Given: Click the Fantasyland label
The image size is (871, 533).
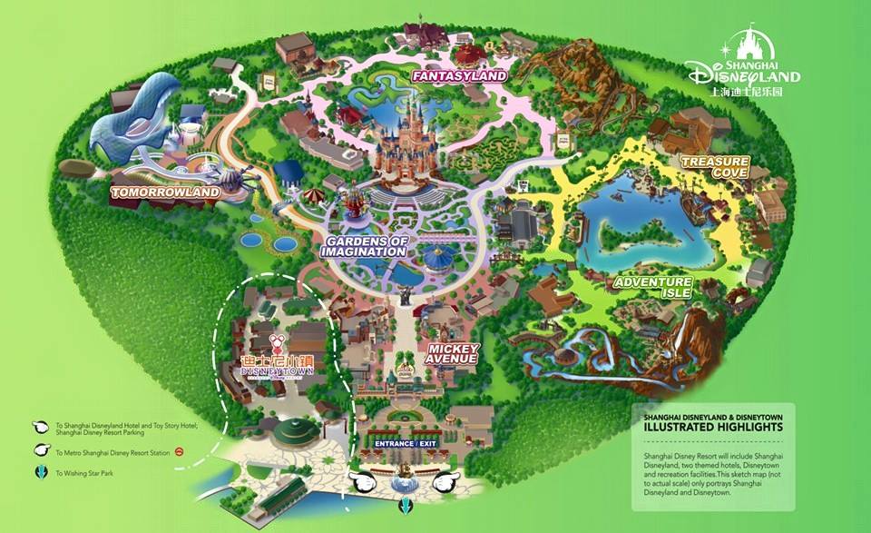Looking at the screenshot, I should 458,76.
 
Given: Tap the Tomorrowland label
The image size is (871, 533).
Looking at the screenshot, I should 165,192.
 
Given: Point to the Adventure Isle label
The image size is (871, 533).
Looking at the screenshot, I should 652,288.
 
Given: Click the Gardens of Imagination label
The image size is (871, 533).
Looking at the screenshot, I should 363,245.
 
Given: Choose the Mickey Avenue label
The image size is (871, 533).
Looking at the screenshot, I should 451,352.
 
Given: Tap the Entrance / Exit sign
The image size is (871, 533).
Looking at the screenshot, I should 406,443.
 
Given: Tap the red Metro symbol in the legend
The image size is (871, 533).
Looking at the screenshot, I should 180,451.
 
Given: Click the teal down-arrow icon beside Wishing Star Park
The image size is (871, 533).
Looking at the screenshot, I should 40,472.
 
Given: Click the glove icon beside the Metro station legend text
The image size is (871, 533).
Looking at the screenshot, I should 41,450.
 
